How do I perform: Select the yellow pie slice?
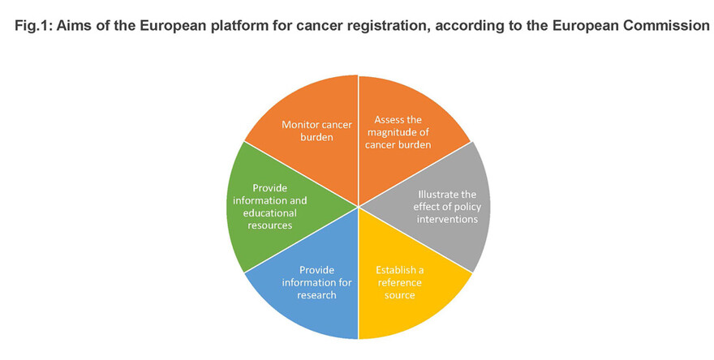[406, 284]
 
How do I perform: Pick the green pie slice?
[268, 207]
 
